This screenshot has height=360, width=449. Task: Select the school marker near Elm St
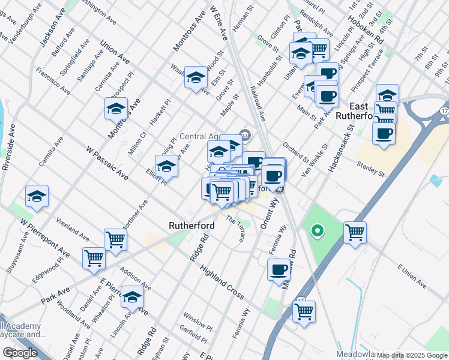pos(195,77)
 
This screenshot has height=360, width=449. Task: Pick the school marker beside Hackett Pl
pos(116,109)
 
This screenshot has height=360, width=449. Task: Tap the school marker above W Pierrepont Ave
pos(37,196)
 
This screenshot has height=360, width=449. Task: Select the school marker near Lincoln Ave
pos(132,297)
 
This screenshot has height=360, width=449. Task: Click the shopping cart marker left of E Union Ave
pos(355,232)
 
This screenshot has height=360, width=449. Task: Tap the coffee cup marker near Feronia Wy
pos(279,270)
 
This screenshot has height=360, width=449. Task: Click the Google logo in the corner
pos(20,353)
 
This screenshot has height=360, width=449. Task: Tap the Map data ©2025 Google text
pos(412,355)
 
